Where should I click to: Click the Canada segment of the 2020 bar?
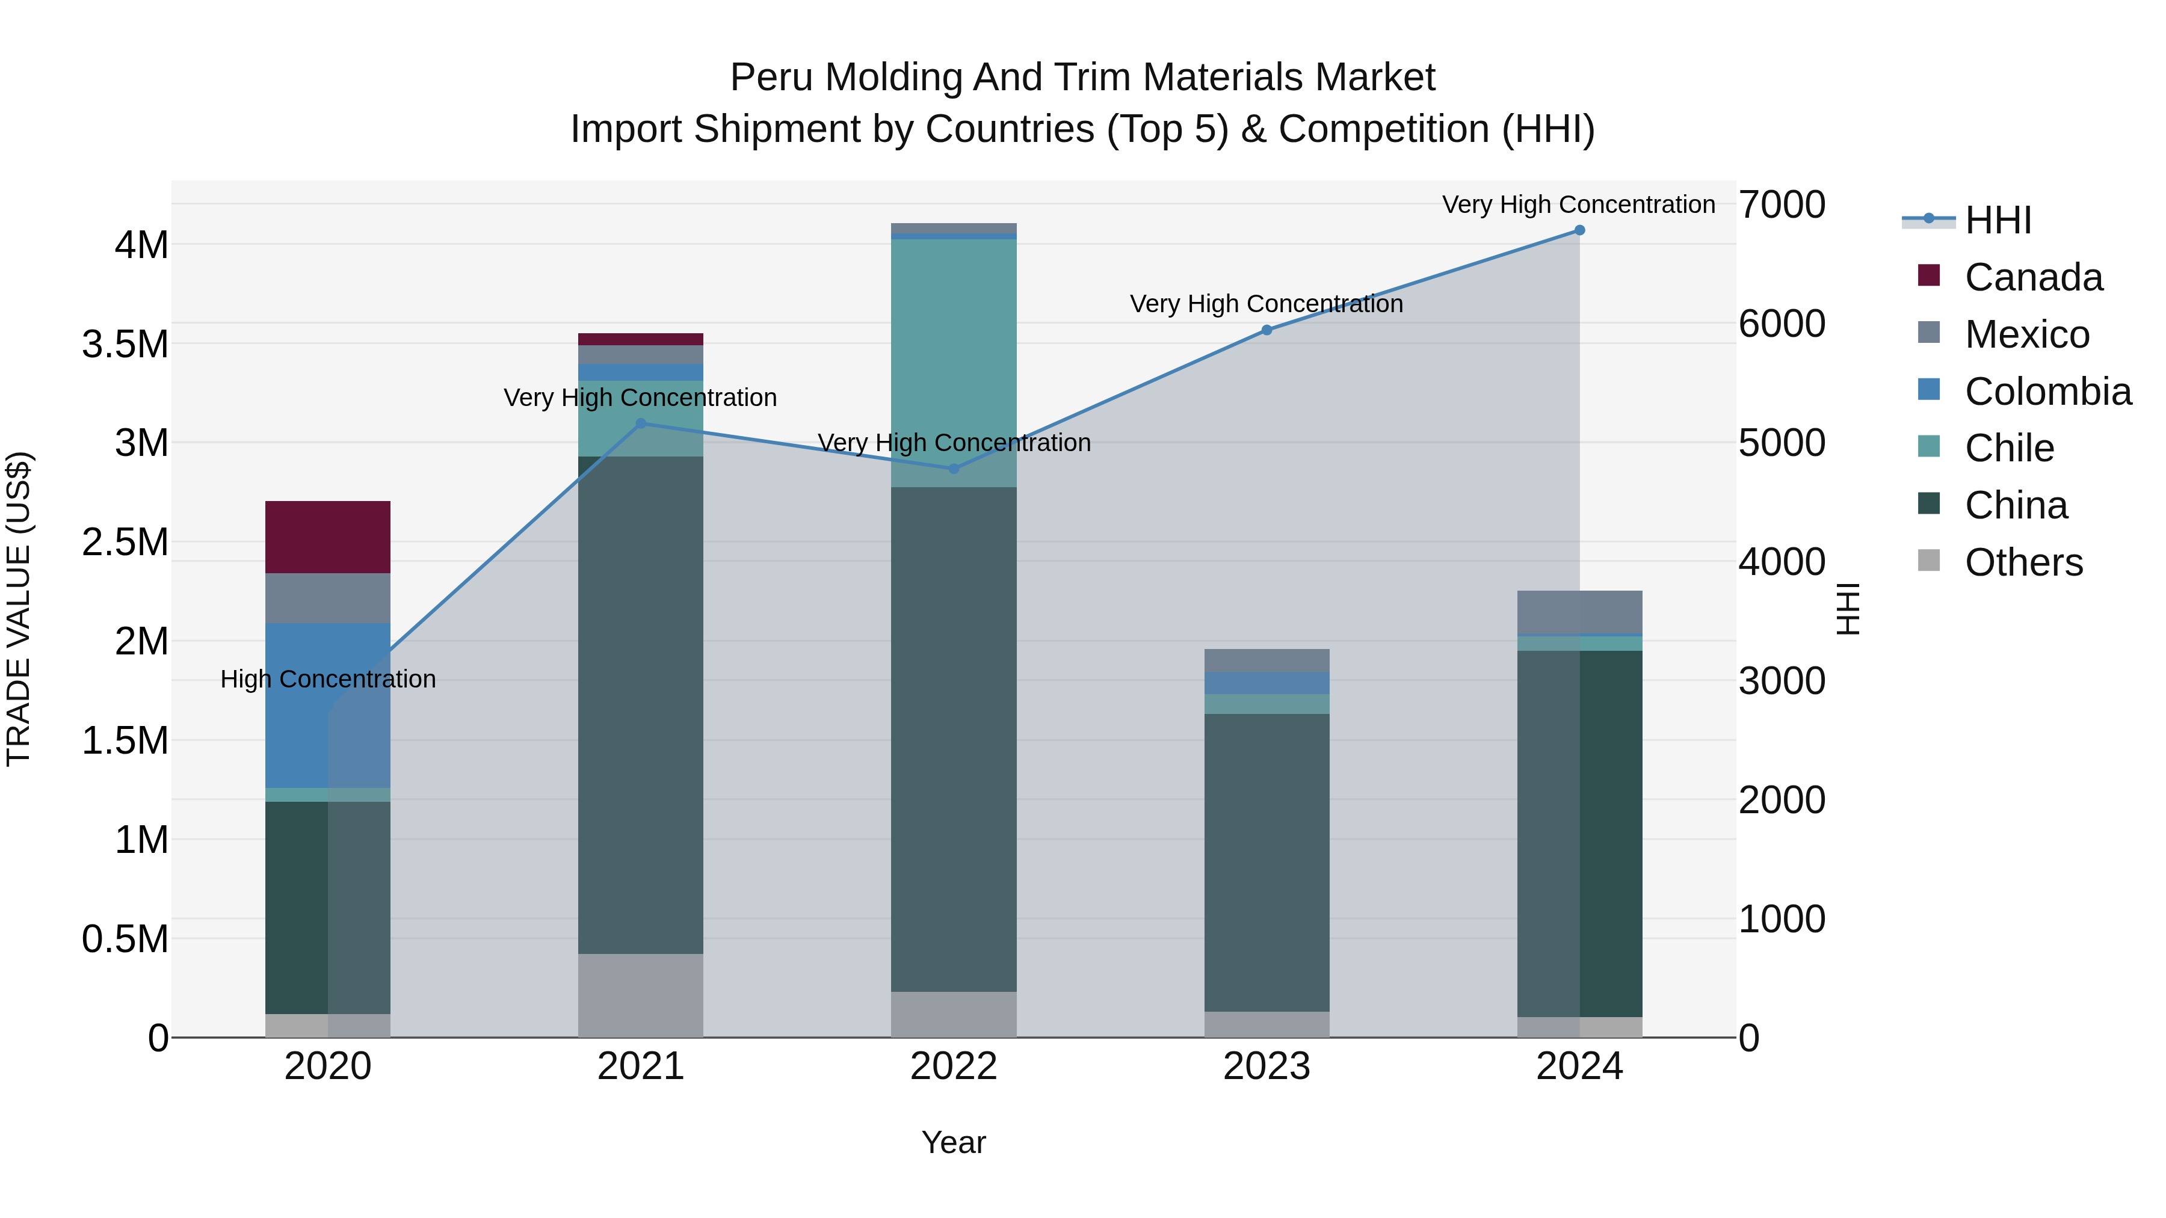point(327,537)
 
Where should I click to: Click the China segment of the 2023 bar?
point(1267,861)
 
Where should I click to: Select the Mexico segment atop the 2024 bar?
point(1579,611)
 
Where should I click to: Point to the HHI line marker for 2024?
point(1579,230)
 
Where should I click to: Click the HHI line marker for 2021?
point(641,423)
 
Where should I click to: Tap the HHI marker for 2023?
point(1267,330)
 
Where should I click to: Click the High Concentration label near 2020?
point(328,679)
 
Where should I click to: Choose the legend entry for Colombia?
point(2047,392)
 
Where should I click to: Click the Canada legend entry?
point(2033,277)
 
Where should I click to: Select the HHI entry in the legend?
point(1998,220)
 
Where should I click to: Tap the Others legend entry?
point(2023,562)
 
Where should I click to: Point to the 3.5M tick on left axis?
point(125,345)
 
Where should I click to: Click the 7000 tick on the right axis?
point(1781,205)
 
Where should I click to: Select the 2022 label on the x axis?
point(954,1066)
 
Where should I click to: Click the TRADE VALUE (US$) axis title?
point(19,609)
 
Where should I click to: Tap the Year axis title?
point(954,1142)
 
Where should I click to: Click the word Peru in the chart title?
point(771,78)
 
